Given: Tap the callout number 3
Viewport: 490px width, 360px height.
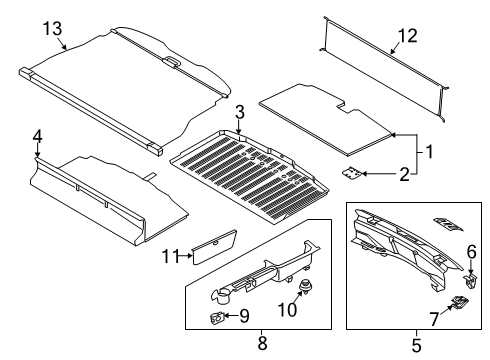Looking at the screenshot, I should pyautogui.click(x=239, y=110).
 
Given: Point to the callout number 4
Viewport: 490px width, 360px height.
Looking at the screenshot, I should pyautogui.click(x=36, y=136).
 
